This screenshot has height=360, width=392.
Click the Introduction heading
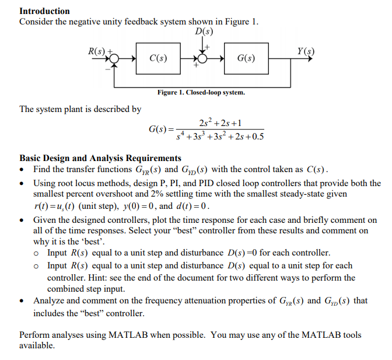tap(44, 11)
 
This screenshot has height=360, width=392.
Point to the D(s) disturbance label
tap(204, 31)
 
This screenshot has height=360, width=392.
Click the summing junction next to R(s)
tap(115, 58)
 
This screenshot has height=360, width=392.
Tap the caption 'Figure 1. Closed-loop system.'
tap(201, 92)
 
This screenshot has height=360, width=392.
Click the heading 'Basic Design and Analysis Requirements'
tap(100, 158)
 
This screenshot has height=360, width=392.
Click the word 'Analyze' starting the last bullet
tap(49, 300)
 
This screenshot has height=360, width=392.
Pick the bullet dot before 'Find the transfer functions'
tap(22, 170)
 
